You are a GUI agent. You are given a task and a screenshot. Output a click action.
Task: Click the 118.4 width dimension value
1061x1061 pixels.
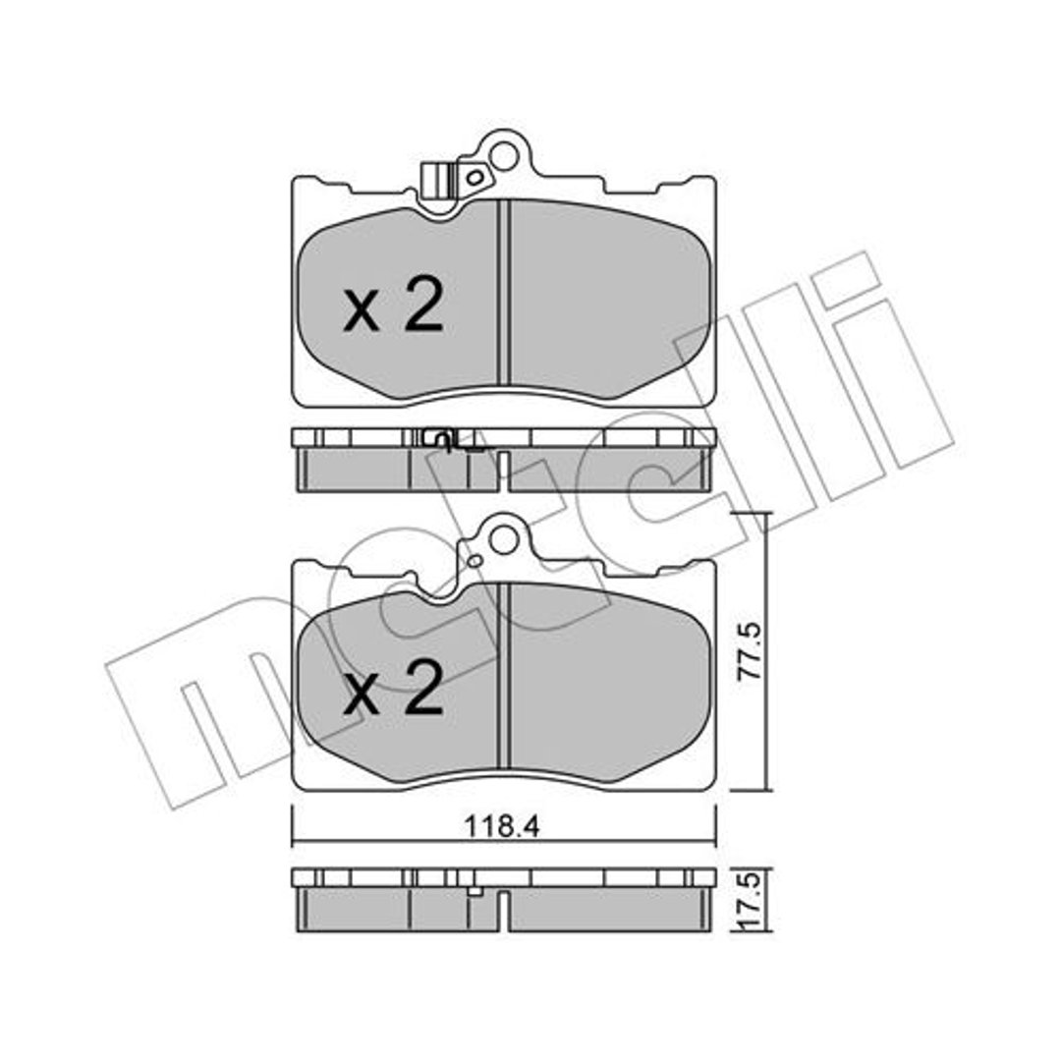[x=501, y=826]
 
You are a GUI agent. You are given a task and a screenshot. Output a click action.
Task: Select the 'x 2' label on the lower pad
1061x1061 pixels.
[x=394, y=688]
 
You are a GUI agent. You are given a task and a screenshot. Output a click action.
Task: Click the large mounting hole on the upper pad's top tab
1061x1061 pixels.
[x=503, y=156]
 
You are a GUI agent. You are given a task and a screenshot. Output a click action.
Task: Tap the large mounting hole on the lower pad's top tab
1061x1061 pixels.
[x=503, y=539]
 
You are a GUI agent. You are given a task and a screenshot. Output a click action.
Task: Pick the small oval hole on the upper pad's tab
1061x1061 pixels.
[x=475, y=177]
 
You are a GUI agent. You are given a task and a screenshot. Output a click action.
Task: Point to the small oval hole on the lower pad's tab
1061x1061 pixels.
[x=475, y=560]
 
